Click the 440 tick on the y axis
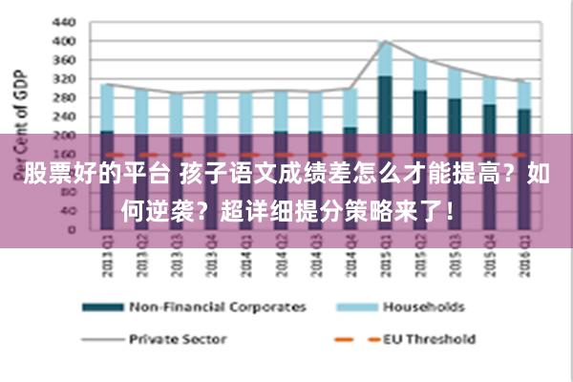click(x=63, y=21)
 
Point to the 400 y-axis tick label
click(x=63, y=41)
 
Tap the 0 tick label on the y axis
click(x=70, y=229)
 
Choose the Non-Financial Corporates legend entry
click(x=216, y=308)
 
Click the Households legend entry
click(x=423, y=308)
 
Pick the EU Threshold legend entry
click(x=429, y=338)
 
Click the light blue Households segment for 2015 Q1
click(x=384, y=59)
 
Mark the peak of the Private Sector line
click(x=384, y=41)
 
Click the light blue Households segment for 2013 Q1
click(x=106, y=107)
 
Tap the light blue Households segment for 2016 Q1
click(x=522, y=95)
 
